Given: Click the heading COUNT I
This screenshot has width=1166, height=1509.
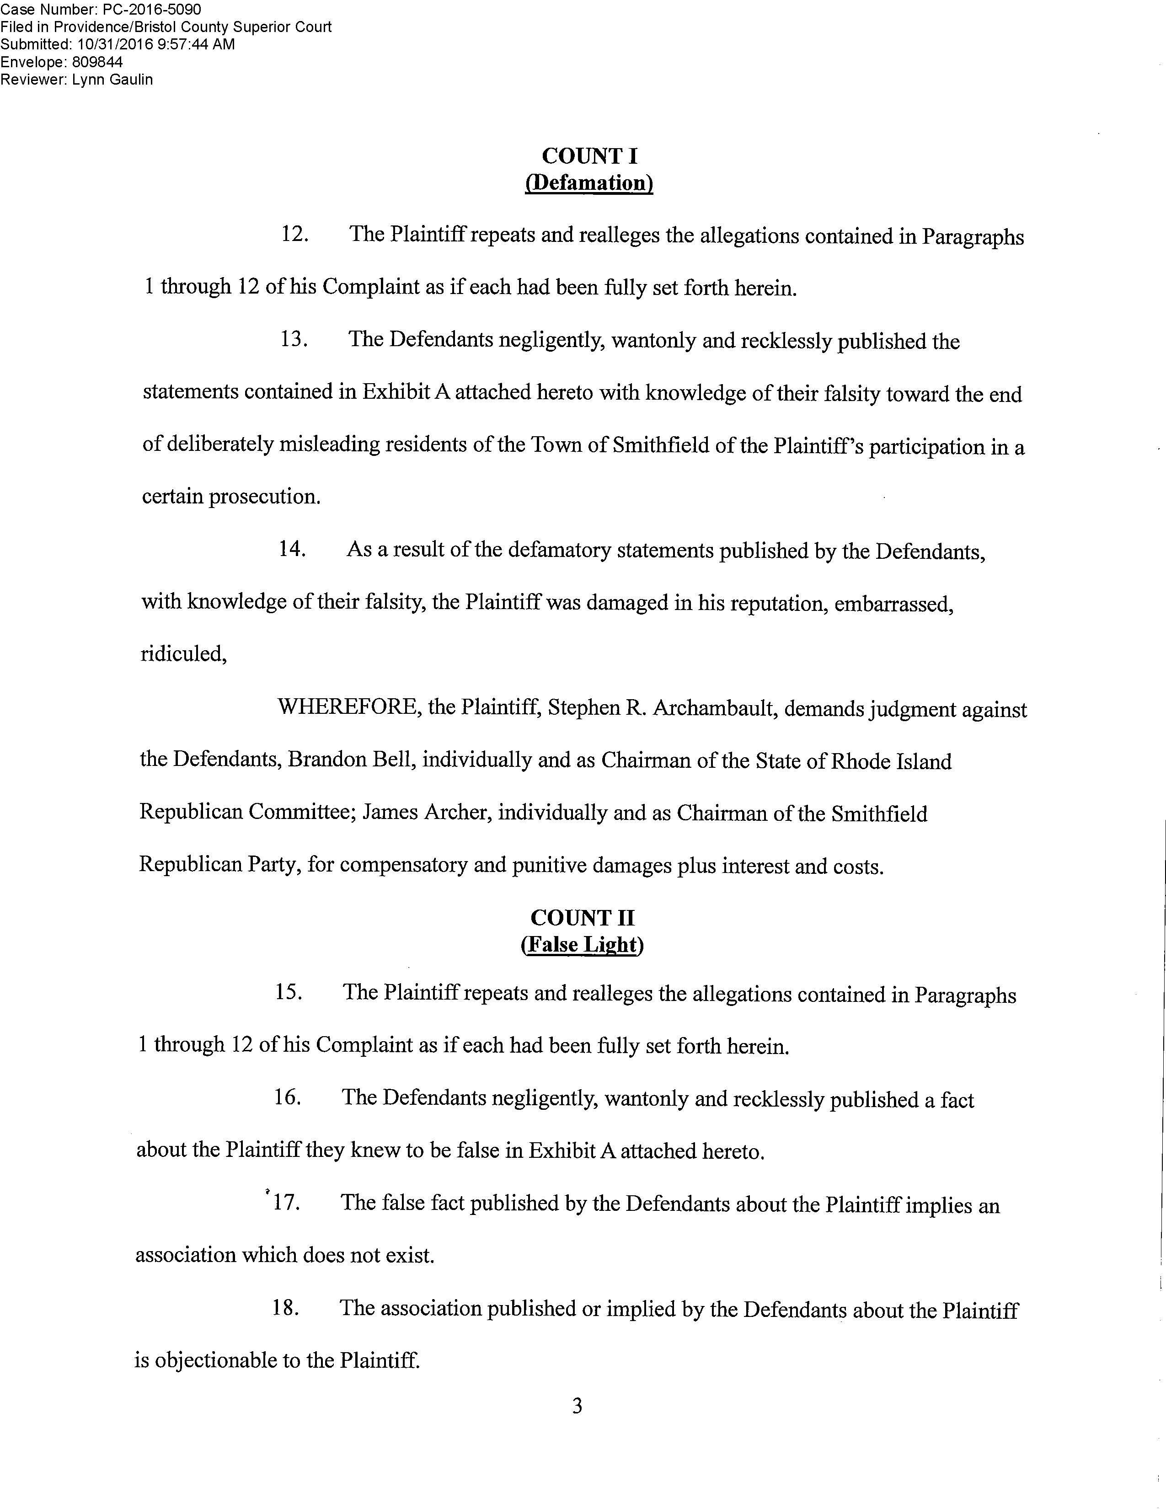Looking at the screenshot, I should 589,156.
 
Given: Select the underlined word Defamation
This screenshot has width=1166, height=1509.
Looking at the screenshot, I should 589,183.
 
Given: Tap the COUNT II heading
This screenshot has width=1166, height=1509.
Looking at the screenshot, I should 582,918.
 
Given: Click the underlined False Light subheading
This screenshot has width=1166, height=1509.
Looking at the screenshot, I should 582,945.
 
